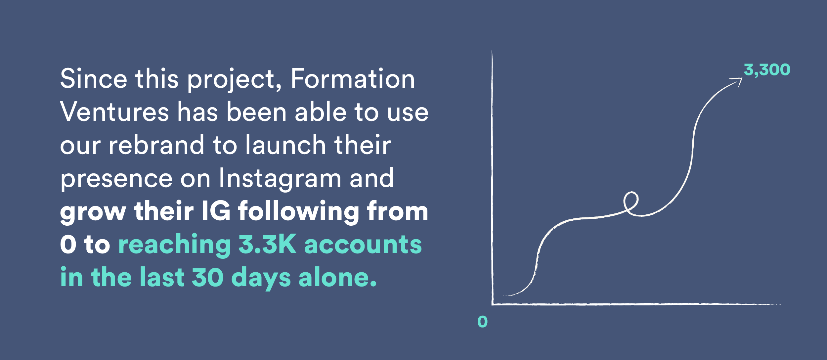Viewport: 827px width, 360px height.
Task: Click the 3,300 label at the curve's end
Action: pos(767,70)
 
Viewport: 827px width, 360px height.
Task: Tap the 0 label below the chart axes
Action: pos(482,322)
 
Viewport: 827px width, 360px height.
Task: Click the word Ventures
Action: pos(114,112)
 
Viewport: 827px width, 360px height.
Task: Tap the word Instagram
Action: pos(280,179)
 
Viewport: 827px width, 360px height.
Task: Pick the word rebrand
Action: pos(156,145)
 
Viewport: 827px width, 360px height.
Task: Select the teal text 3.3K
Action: pos(267,244)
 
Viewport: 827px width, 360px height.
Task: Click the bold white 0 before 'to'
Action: pos(68,245)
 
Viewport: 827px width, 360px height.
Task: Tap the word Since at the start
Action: pos(94,79)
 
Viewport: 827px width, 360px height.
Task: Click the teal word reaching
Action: pos(174,245)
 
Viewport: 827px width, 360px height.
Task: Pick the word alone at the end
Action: pos(338,277)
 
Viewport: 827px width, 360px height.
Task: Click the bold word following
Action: pos(299,212)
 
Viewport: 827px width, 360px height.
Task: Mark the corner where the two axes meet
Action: pos(493,304)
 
